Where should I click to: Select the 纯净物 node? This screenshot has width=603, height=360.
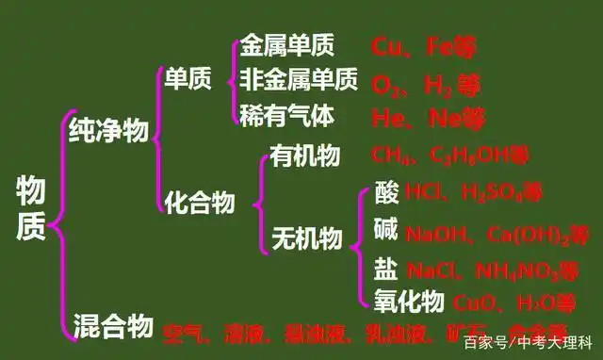108,130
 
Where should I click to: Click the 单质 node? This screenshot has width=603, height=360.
188,80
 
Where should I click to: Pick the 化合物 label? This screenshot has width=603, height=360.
199,201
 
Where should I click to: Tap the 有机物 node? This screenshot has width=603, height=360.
304,154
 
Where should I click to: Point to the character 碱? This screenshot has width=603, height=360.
386,231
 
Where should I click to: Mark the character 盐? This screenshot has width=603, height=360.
385,270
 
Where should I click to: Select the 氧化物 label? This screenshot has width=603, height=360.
408,301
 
